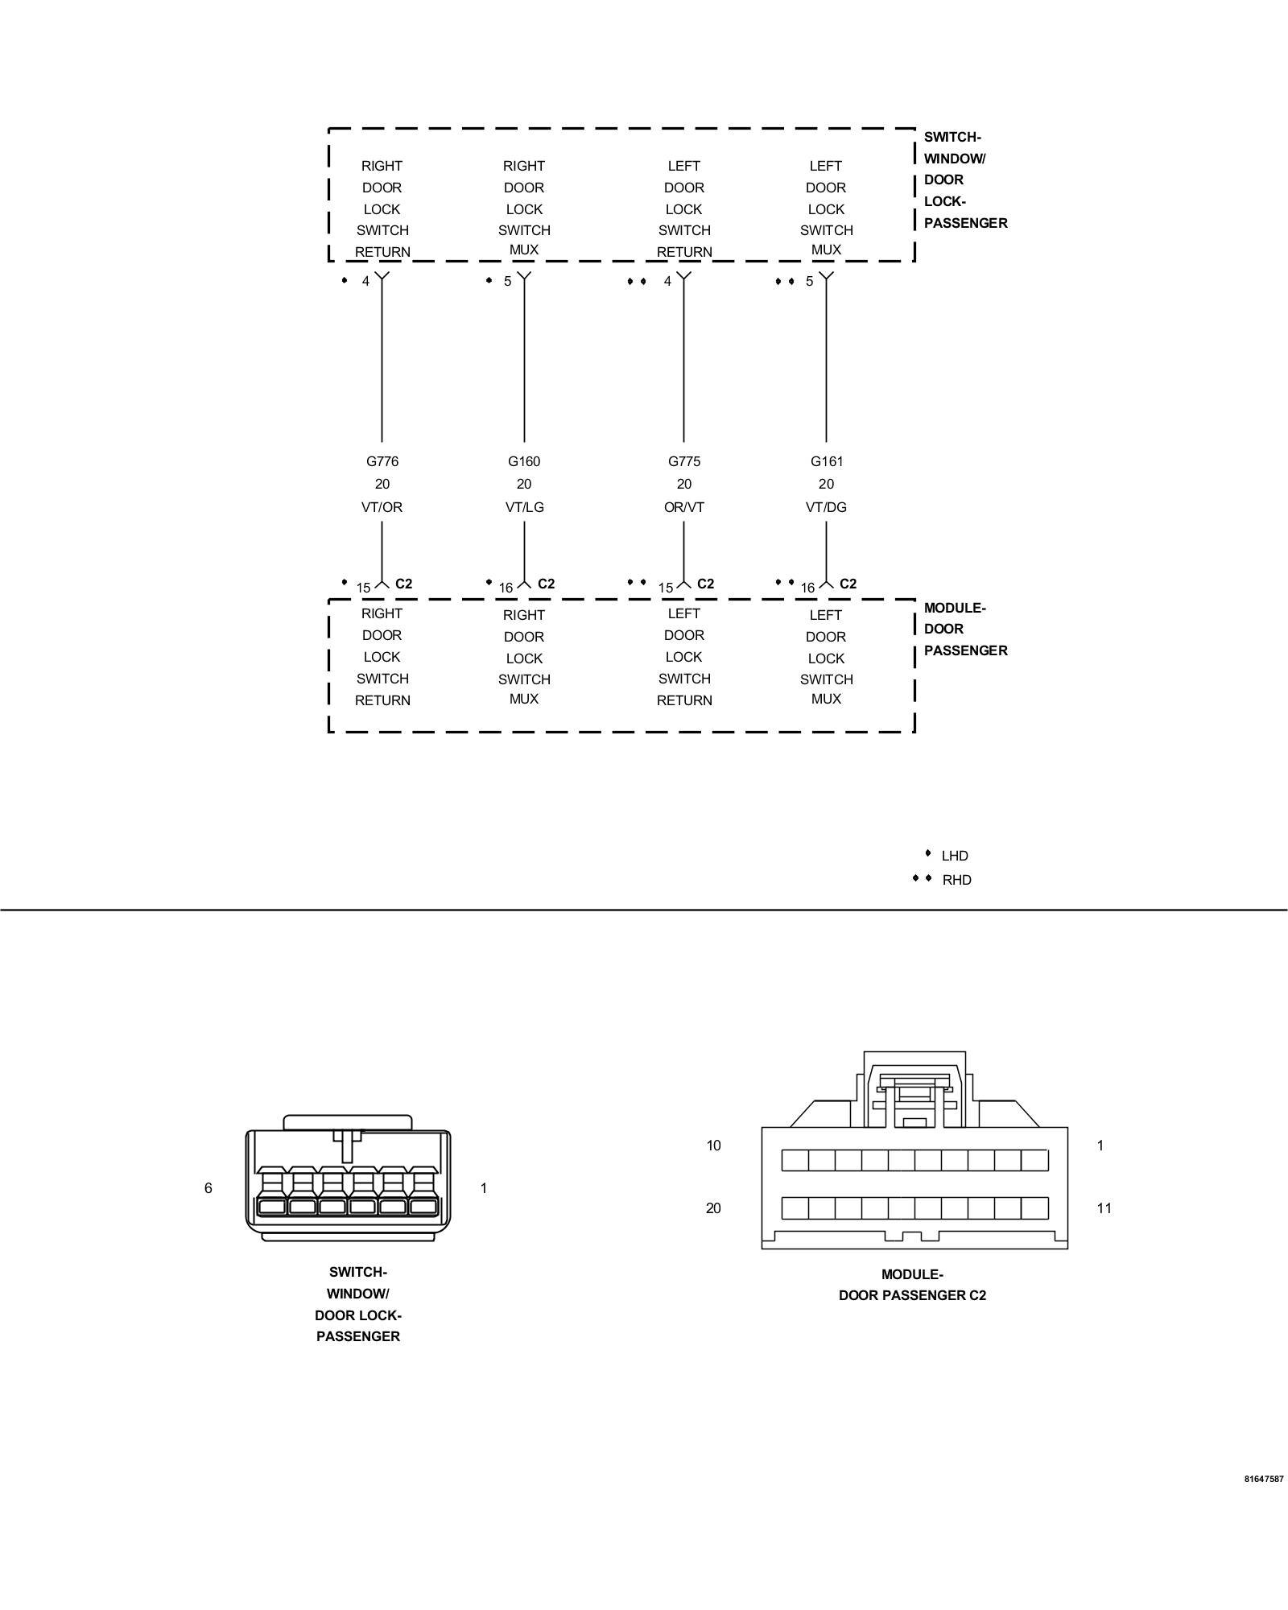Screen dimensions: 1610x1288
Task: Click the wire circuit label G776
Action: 382,461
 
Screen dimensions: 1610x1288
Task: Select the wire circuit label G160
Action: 524,461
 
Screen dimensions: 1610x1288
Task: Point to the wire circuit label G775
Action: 684,461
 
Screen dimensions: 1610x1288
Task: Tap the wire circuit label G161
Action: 827,461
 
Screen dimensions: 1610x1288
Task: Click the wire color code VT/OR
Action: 382,507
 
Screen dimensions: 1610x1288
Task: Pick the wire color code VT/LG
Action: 524,507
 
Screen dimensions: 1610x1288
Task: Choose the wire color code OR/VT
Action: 684,507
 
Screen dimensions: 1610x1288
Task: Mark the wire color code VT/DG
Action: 827,507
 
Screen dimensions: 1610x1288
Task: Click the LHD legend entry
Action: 954,856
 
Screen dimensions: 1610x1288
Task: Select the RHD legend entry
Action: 956,880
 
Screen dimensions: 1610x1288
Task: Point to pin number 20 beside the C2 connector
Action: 713,1208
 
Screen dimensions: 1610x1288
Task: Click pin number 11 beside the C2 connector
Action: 1104,1208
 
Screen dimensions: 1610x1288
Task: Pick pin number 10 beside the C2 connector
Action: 713,1146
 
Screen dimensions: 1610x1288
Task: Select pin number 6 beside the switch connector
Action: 208,1188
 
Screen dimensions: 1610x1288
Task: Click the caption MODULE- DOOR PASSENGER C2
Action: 912,1285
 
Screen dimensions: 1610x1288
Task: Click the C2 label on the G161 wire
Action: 848,584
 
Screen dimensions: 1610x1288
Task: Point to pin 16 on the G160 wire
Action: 506,588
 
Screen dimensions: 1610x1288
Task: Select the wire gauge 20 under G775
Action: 684,484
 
